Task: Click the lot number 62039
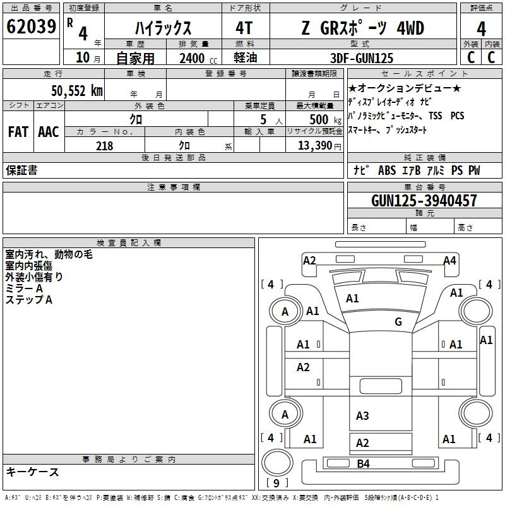coord(32,27)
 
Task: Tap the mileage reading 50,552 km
coord(76,90)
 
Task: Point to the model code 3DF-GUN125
coord(362,58)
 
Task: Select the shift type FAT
coord(18,132)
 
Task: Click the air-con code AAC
coord(48,132)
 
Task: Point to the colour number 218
coord(104,146)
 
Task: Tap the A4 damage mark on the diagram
coord(449,261)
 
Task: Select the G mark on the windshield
coord(398,322)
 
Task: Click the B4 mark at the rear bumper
coord(363,464)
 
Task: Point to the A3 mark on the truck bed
coord(362,416)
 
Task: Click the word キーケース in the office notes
coord(33,472)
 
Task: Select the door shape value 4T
coord(244,28)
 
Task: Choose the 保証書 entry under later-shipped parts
coord(21,170)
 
